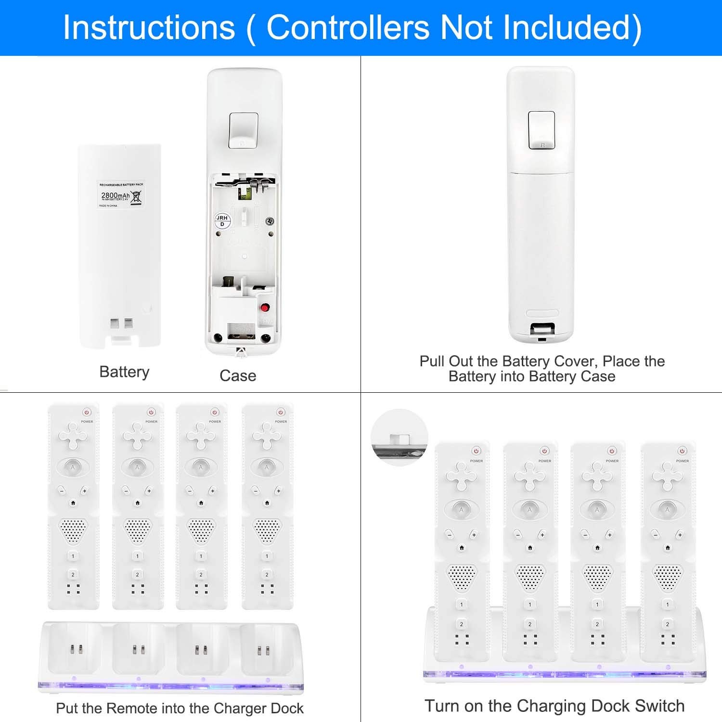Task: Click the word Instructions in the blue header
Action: [x=149, y=27]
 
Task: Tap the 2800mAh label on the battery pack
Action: [x=116, y=195]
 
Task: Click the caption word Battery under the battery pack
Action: [x=124, y=372]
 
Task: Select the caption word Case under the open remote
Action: [x=238, y=376]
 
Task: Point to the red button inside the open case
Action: [x=265, y=307]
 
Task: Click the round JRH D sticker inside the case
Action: [x=222, y=221]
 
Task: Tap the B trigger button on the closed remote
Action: [x=541, y=130]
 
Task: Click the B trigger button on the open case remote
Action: [x=244, y=130]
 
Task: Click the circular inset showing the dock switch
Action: [x=400, y=438]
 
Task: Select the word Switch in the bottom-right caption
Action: [x=660, y=706]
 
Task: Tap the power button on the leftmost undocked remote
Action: [x=87, y=412]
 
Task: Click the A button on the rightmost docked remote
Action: [x=667, y=509]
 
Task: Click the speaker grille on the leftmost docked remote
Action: [x=462, y=578]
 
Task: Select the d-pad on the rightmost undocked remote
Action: [x=267, y=435]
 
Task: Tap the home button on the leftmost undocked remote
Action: [x=73, y=503]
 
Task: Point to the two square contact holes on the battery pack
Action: [x=121, y=323]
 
